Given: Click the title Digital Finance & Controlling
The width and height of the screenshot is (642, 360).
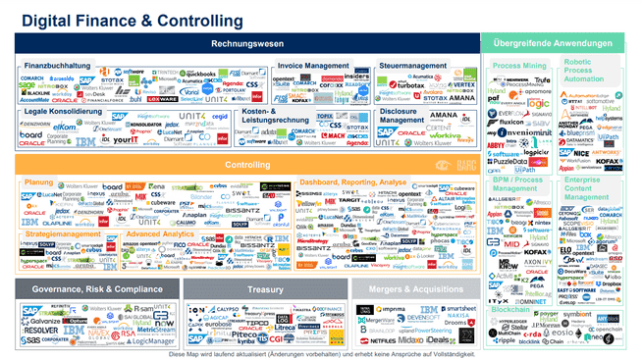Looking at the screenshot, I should point(132,19).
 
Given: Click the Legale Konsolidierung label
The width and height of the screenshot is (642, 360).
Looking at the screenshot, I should point(64,112).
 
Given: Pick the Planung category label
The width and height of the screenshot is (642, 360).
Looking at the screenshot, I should point(38,181).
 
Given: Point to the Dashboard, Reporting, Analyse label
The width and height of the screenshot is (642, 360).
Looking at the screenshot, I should point(352,181).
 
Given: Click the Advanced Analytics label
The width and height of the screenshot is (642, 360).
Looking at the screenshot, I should point(159,234).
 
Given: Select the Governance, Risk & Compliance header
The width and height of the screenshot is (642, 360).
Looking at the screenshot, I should point(97,289).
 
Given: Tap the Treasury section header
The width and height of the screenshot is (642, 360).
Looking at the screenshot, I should point(265,289).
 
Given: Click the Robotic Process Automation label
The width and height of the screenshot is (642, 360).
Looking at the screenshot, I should point(590,71).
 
